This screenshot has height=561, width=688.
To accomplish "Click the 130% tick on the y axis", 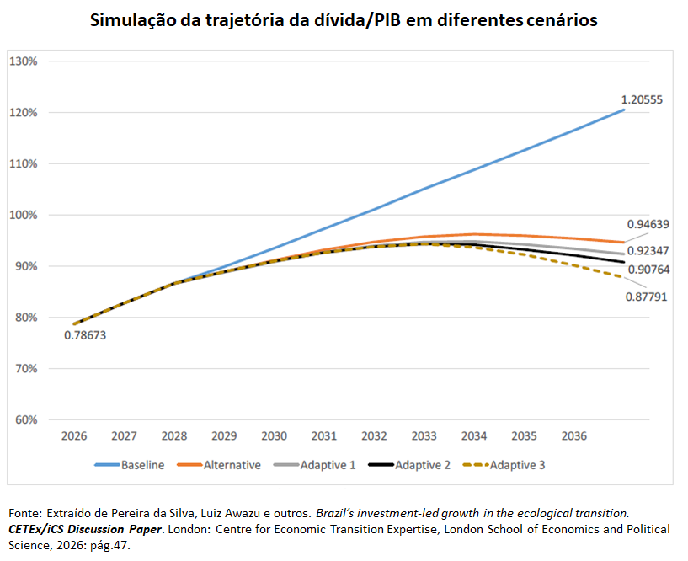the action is point(24,61).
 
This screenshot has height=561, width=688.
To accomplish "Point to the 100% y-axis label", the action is point(24,215).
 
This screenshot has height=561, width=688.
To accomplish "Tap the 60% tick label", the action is point(26,420).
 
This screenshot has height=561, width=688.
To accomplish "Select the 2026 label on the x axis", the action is point(74,435).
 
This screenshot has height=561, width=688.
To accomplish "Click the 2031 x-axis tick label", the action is point(324,435).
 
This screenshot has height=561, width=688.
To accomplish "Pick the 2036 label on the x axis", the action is point(574,435).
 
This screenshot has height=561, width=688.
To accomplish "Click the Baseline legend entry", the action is point(130,465).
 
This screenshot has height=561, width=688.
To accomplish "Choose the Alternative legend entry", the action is point(219,465).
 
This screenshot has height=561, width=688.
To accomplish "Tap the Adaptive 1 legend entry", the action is point(315,465).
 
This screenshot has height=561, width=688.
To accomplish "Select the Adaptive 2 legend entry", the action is point(409,465).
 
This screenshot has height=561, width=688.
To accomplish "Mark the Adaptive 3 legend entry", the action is point(504,465).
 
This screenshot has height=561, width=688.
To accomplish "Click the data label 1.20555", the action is point(642,99).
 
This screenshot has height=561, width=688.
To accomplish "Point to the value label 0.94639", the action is point(648,224).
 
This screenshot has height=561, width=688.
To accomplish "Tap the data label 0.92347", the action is point(648,251).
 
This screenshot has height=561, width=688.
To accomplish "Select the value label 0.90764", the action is point(649,270).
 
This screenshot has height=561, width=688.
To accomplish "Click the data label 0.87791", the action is point(647,297).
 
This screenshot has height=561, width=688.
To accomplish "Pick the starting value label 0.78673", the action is point(85,335).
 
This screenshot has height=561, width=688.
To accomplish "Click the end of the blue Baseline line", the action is point(623,110).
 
